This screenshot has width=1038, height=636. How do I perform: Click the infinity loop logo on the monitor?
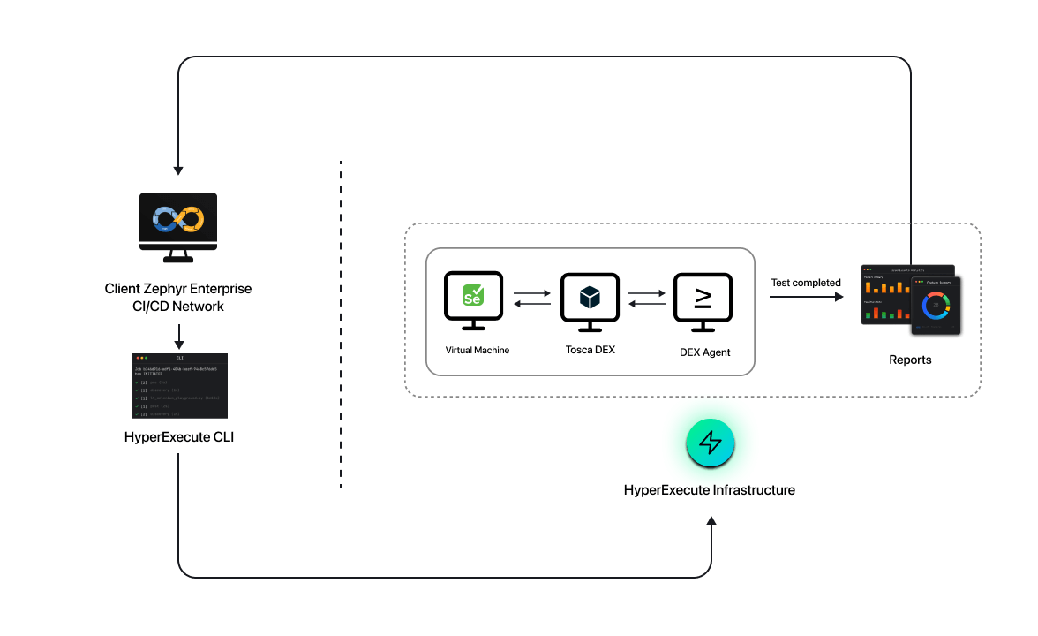(x=178, y=218)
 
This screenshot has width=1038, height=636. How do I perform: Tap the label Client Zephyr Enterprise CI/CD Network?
(x=178, y=298)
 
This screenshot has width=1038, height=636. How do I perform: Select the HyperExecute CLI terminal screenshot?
(x=179, y=386)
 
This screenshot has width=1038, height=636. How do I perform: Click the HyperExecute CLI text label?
(x=179, y=436)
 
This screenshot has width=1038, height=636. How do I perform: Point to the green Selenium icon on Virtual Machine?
(x=473, y=296)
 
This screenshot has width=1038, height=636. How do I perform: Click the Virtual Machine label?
(x=478, y=350)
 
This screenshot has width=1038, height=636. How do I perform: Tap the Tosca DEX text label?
(x=590, y=350)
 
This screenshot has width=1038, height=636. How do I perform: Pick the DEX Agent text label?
(x=705, y=352)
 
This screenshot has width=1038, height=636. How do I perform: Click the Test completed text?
(x=806, y=283)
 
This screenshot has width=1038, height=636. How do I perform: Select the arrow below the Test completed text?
(x=806, y=298)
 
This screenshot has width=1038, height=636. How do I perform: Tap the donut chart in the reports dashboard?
(x=936, y=307)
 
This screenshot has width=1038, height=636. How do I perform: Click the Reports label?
(x=910, y=360)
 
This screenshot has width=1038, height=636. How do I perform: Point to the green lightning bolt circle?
(x=711, y=443)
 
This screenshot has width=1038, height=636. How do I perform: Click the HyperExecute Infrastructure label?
(x=710, y=489)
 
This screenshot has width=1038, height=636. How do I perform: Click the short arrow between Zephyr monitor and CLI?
(x=179, y=336)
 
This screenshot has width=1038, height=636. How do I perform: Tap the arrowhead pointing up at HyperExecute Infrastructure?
(x=711, y=521)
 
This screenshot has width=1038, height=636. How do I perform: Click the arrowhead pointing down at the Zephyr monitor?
(x=178, y=169)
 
